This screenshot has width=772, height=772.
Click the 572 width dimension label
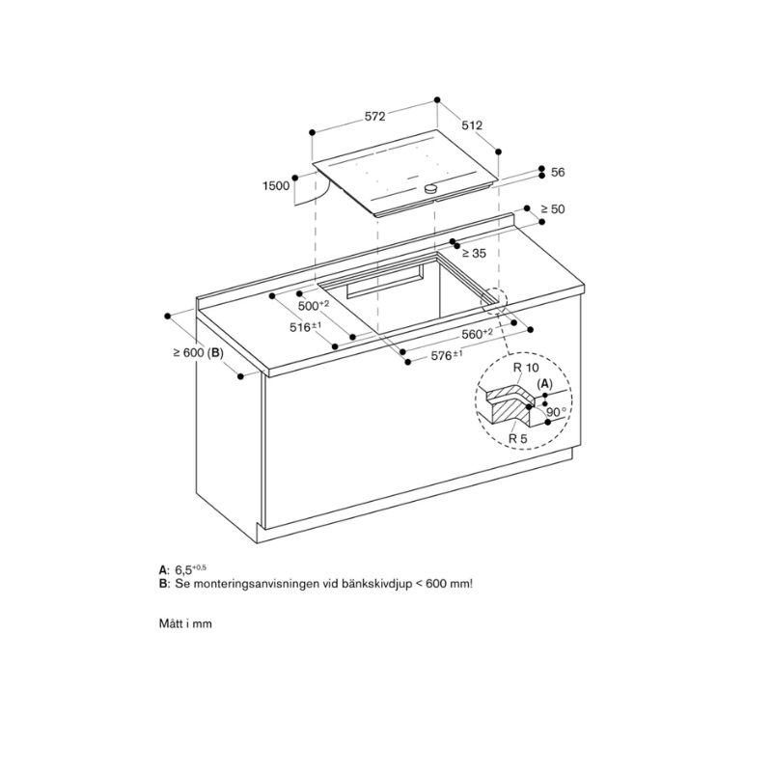coord(374,117)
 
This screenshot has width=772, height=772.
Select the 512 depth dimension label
coord(471,125)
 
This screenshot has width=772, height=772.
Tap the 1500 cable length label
coord(275,186)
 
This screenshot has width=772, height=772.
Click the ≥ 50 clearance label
coord(552,209)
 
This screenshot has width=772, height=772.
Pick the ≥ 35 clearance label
coord(472,254)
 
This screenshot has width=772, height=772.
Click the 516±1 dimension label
coord(304,328)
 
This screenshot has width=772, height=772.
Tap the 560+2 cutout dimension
coord(477,333)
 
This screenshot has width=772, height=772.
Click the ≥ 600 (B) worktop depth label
coord(198,353)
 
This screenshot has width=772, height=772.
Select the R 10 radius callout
coord(526,369)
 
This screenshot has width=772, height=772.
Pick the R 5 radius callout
coord(519,439)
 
